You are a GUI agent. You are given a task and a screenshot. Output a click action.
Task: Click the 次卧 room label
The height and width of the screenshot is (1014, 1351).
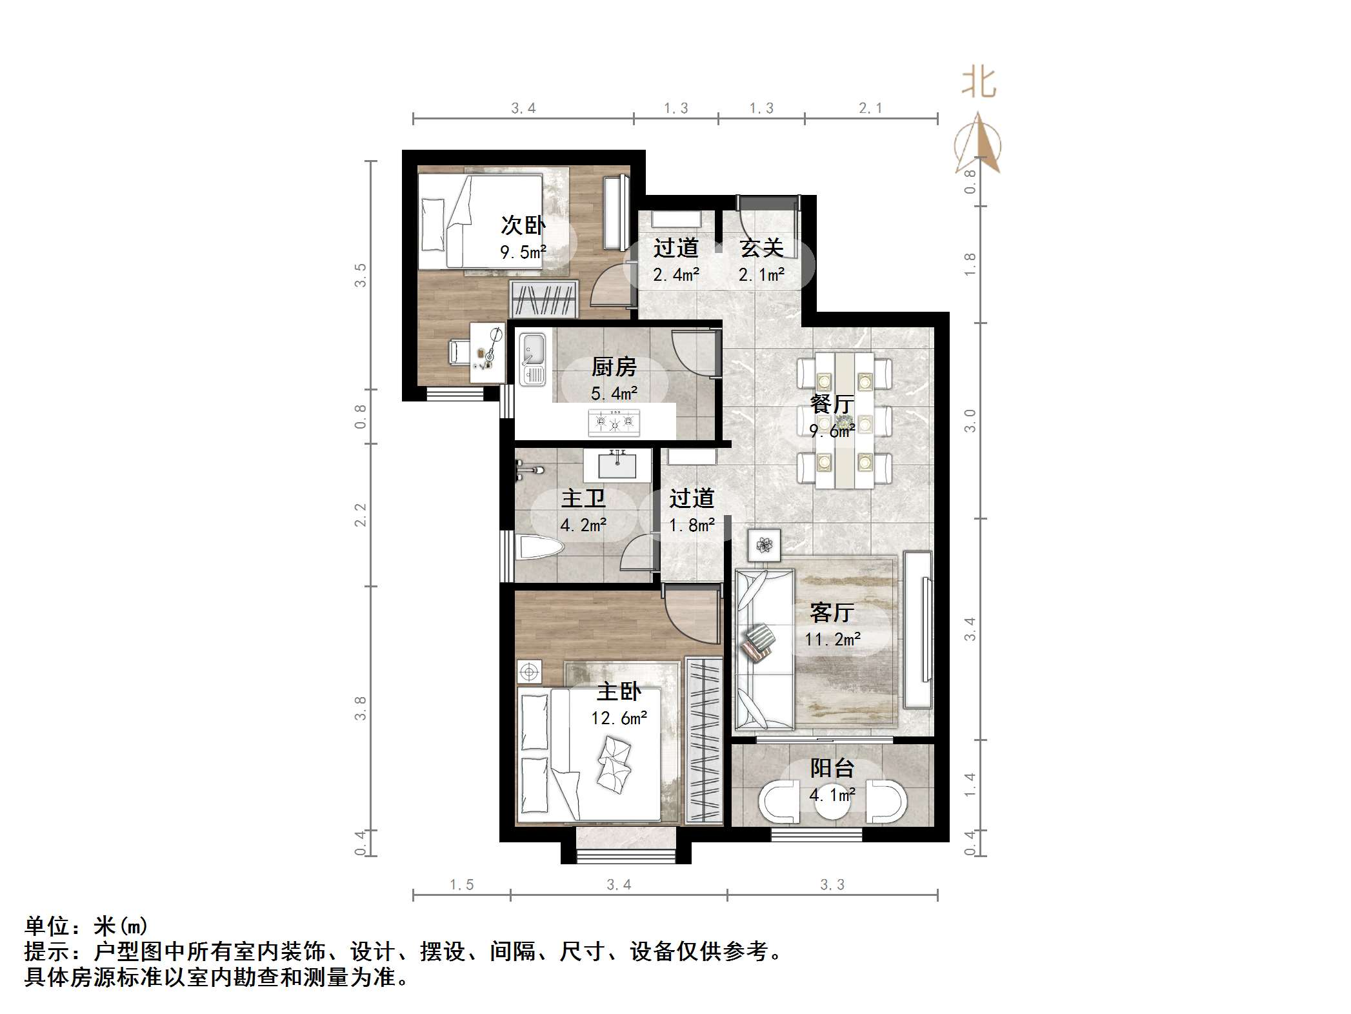523,225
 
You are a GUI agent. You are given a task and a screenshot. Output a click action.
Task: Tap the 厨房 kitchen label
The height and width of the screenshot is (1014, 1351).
614,367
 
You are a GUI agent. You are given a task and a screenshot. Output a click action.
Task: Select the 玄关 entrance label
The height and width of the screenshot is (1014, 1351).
761,248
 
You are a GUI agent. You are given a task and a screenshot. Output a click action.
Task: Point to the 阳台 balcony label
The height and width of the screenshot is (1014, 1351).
832,768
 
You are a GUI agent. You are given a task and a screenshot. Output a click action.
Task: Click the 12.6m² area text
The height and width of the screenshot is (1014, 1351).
619,718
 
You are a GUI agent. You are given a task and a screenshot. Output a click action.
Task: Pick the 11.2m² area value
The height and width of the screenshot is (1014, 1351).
832,639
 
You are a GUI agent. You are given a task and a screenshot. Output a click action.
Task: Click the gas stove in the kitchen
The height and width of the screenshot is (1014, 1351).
614,423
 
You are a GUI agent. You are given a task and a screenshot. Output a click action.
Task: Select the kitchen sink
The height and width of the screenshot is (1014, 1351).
533,358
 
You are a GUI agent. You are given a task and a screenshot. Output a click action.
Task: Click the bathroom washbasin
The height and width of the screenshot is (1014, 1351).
617,464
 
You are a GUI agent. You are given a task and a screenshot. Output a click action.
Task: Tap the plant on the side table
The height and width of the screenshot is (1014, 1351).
765,545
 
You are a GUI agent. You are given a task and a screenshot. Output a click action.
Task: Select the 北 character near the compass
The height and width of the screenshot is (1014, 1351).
979,84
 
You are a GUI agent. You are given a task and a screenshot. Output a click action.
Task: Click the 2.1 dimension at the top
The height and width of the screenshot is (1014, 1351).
870,108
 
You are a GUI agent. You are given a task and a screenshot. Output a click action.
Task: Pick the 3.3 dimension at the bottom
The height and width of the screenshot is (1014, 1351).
832,884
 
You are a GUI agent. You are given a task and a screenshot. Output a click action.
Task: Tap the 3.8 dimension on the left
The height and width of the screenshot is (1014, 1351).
360,708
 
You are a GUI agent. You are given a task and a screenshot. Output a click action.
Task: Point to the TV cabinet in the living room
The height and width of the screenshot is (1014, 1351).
918,629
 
